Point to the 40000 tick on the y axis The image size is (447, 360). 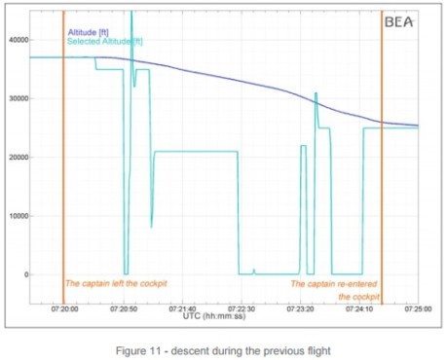[16, 40]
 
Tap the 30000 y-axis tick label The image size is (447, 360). [16, 98]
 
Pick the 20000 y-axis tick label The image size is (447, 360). [16, 157]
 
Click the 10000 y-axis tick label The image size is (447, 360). [16, 215]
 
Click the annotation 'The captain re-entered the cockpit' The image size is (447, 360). [334, 290]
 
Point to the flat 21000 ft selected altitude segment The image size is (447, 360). [195, 152]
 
